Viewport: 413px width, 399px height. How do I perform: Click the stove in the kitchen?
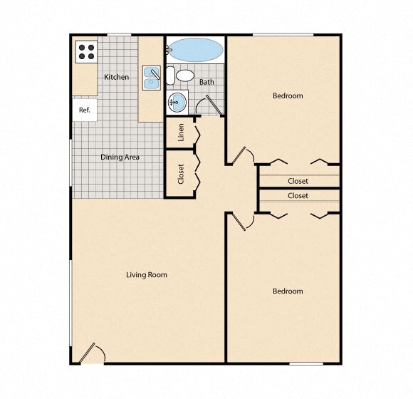(86, 51)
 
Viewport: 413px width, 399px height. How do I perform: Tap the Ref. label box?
(84, 110)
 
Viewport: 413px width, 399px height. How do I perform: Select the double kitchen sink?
(152, 78)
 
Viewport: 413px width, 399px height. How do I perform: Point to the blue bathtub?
(196, 51)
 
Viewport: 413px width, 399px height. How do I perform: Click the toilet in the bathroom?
(185, 75)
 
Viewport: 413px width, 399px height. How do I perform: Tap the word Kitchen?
(117, 77)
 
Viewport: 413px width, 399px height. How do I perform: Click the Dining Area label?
(120, 157)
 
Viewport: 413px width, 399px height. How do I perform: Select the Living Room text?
(147, 274)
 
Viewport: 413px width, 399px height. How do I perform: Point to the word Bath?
(206, 82)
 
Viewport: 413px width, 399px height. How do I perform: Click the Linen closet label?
(181, 133)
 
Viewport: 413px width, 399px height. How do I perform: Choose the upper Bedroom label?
(288, 95)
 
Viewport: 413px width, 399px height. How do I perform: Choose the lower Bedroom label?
(288, 291)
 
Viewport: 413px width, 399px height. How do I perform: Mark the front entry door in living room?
(90, 353)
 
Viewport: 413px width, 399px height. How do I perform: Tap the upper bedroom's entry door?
(241, 155)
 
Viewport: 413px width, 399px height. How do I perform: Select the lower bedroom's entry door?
(241, 221)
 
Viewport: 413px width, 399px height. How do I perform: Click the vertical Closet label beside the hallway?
(181, 174)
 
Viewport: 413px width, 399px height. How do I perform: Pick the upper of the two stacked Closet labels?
(298, 181)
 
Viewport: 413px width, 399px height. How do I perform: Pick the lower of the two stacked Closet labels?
(298, 195)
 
